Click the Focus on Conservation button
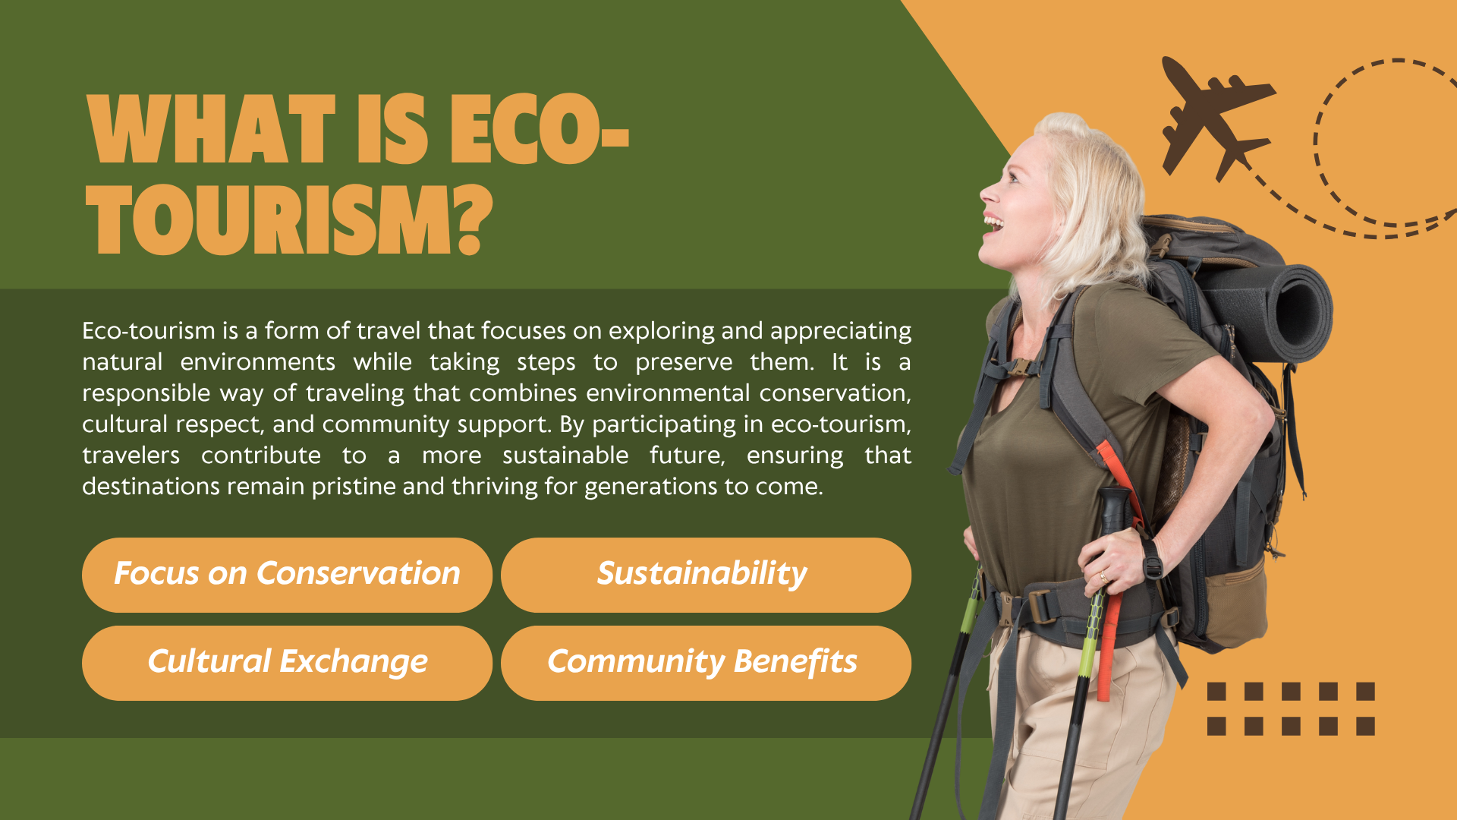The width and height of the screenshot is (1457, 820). tap(287, 575)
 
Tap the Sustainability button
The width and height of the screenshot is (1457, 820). tap(706, 575)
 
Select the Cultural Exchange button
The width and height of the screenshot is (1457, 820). tap(287, 663)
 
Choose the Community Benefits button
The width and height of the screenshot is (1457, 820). tap(706, 663)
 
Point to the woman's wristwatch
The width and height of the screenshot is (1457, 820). tap(1153, 560)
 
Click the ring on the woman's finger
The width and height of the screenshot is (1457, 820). tap(1103, 577)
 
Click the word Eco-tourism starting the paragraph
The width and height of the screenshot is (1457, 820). tap(149, 331)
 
